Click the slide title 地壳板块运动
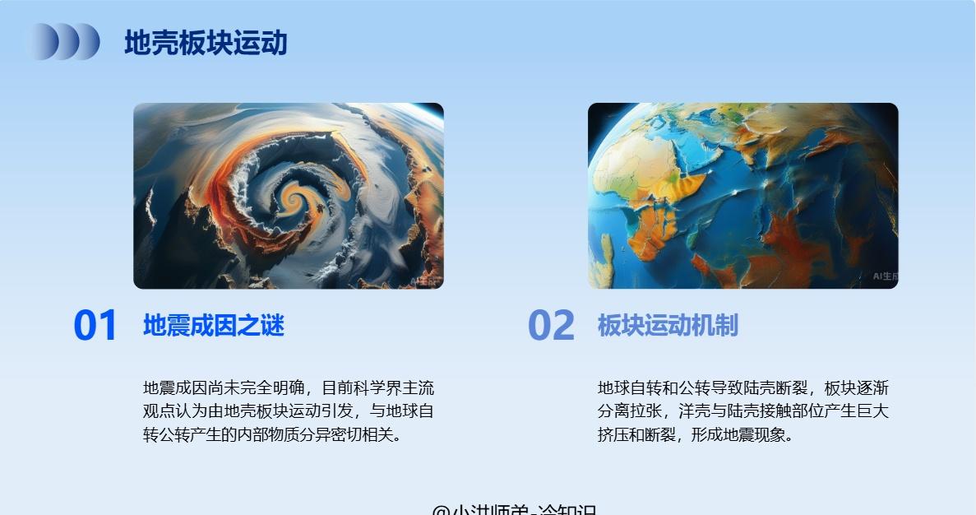206,43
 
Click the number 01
95,326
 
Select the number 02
551,326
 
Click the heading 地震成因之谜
214,326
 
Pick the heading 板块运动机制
668,326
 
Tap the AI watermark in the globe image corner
885,276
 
